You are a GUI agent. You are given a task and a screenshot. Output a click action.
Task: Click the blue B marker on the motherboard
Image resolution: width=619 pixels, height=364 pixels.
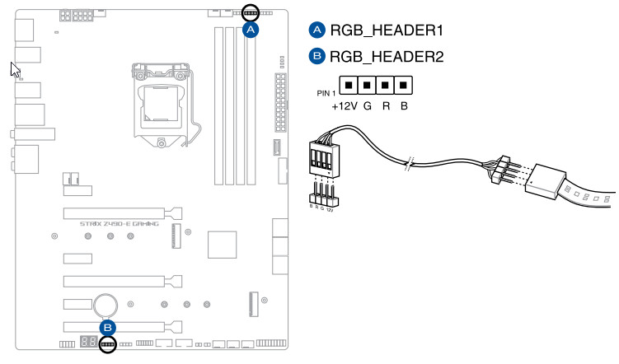coord(107,327)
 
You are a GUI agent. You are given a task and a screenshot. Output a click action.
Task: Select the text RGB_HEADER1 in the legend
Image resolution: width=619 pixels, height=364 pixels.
coord(387,31)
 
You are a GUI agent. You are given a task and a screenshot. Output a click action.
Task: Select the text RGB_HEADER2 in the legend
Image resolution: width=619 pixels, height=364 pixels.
coord(387,58)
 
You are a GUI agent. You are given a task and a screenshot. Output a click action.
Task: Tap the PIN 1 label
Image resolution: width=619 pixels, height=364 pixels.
coord(327,93)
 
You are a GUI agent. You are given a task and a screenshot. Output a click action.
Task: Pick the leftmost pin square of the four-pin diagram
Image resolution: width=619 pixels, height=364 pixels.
coord(349,85)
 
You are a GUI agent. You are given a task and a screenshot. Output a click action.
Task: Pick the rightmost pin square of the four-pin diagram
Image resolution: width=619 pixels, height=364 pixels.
coord(403,85)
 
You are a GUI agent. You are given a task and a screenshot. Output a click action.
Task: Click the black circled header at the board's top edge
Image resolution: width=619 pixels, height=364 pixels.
coord(251,14)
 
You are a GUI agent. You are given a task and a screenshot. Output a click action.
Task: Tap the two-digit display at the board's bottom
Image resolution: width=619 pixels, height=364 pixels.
coord(90,342)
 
